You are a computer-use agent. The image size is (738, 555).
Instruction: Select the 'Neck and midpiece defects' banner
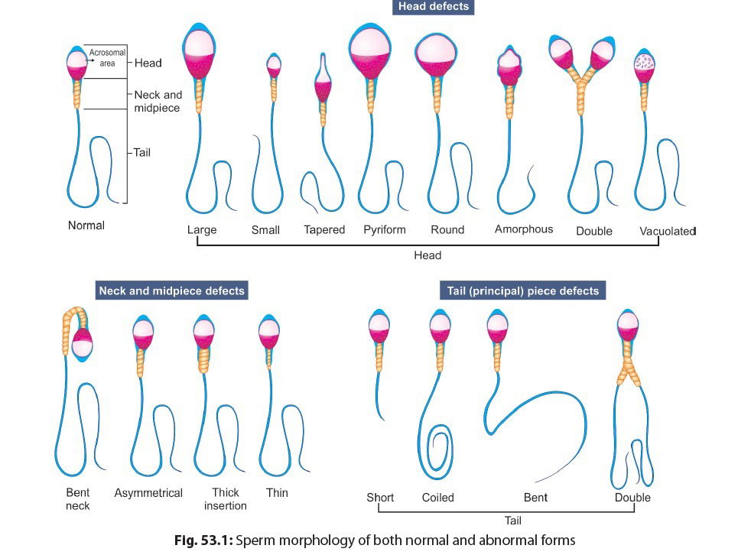172,291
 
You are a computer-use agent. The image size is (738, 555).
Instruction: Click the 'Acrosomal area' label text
102,58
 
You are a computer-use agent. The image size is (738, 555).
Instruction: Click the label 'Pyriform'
385,229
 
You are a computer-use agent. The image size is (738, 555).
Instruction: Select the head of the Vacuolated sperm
647,67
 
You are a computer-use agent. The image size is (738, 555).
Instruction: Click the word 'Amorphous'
524,229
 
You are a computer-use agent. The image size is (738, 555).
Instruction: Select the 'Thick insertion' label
226,499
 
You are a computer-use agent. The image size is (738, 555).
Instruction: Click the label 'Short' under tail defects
379,498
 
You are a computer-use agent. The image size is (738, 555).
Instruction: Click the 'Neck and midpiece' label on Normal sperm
158,102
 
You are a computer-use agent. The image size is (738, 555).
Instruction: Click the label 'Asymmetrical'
148,493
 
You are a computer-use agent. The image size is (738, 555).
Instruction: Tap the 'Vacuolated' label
668,230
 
